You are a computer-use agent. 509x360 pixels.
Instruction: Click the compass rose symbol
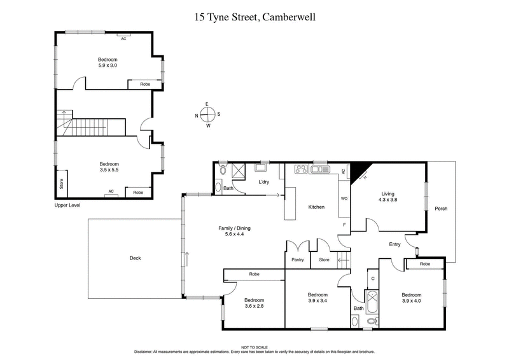(x=207, y=115)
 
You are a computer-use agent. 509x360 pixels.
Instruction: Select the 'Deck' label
(x=135, y=258)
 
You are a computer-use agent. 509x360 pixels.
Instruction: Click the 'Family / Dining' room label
(x=230, y=230)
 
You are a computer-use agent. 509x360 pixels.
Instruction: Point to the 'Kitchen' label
(x=316, y=207)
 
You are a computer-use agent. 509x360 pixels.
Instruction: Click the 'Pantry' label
(x=297, y=260)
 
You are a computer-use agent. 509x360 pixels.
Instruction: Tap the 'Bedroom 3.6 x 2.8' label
(x=254, y=303)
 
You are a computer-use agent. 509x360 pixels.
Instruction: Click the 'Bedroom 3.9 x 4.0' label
(x=411, y=298)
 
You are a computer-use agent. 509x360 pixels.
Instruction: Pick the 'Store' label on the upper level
(x=62, y=184)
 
